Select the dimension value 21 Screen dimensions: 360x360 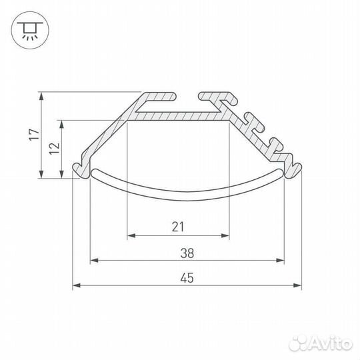(x=177, y=227)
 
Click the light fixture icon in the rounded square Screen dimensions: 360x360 (x=28, y=28)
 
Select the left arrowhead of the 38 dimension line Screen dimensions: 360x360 (x=93, y=261)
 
